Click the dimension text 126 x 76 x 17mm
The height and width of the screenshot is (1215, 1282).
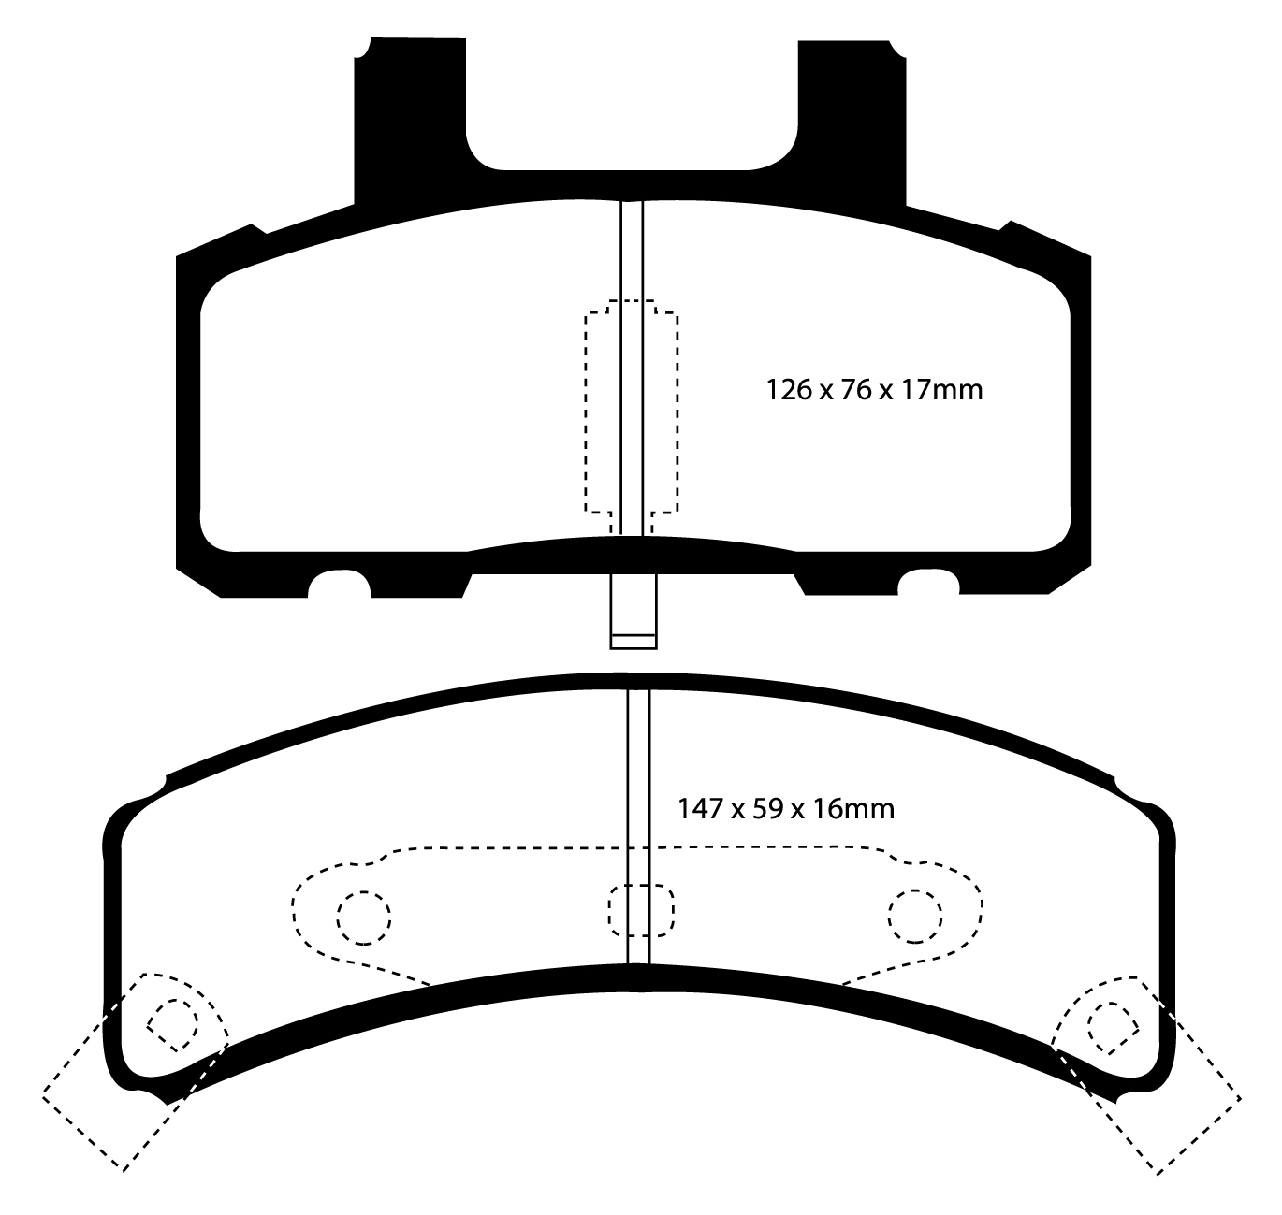(x=874, y=388)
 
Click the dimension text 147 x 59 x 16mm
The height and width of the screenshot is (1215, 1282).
(x=785, y=807)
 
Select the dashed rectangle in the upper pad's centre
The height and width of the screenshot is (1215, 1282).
(x=632, y=412)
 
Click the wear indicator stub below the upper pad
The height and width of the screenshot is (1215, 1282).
(x=633, y=611)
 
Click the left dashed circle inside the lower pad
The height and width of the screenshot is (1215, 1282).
(x=362, y=917)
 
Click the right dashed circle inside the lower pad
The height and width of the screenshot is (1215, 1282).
(x=915, y=917)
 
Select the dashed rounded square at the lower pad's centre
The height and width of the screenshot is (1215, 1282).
(x=640, y=910)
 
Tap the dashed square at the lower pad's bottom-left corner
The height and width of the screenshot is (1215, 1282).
(x=133, y=1070)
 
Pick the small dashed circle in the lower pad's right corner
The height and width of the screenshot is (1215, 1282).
(x=1110, y=1023)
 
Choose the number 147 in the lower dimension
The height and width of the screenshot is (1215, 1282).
(x=699, y=807)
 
